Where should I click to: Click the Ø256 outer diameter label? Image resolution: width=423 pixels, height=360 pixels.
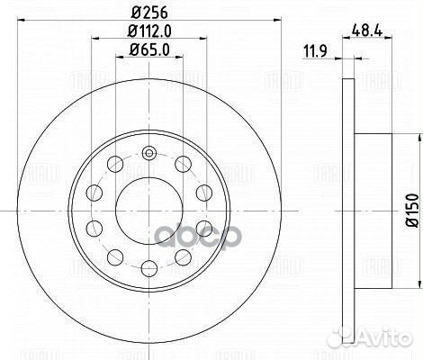pos(149,13)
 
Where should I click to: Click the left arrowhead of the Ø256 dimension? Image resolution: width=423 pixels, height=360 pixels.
pos(24,22)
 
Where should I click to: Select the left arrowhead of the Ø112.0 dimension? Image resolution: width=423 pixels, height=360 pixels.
pos(94,40)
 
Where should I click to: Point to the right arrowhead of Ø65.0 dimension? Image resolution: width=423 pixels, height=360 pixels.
pos(179,58)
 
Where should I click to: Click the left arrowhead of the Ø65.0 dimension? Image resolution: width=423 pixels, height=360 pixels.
pos(120,58)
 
